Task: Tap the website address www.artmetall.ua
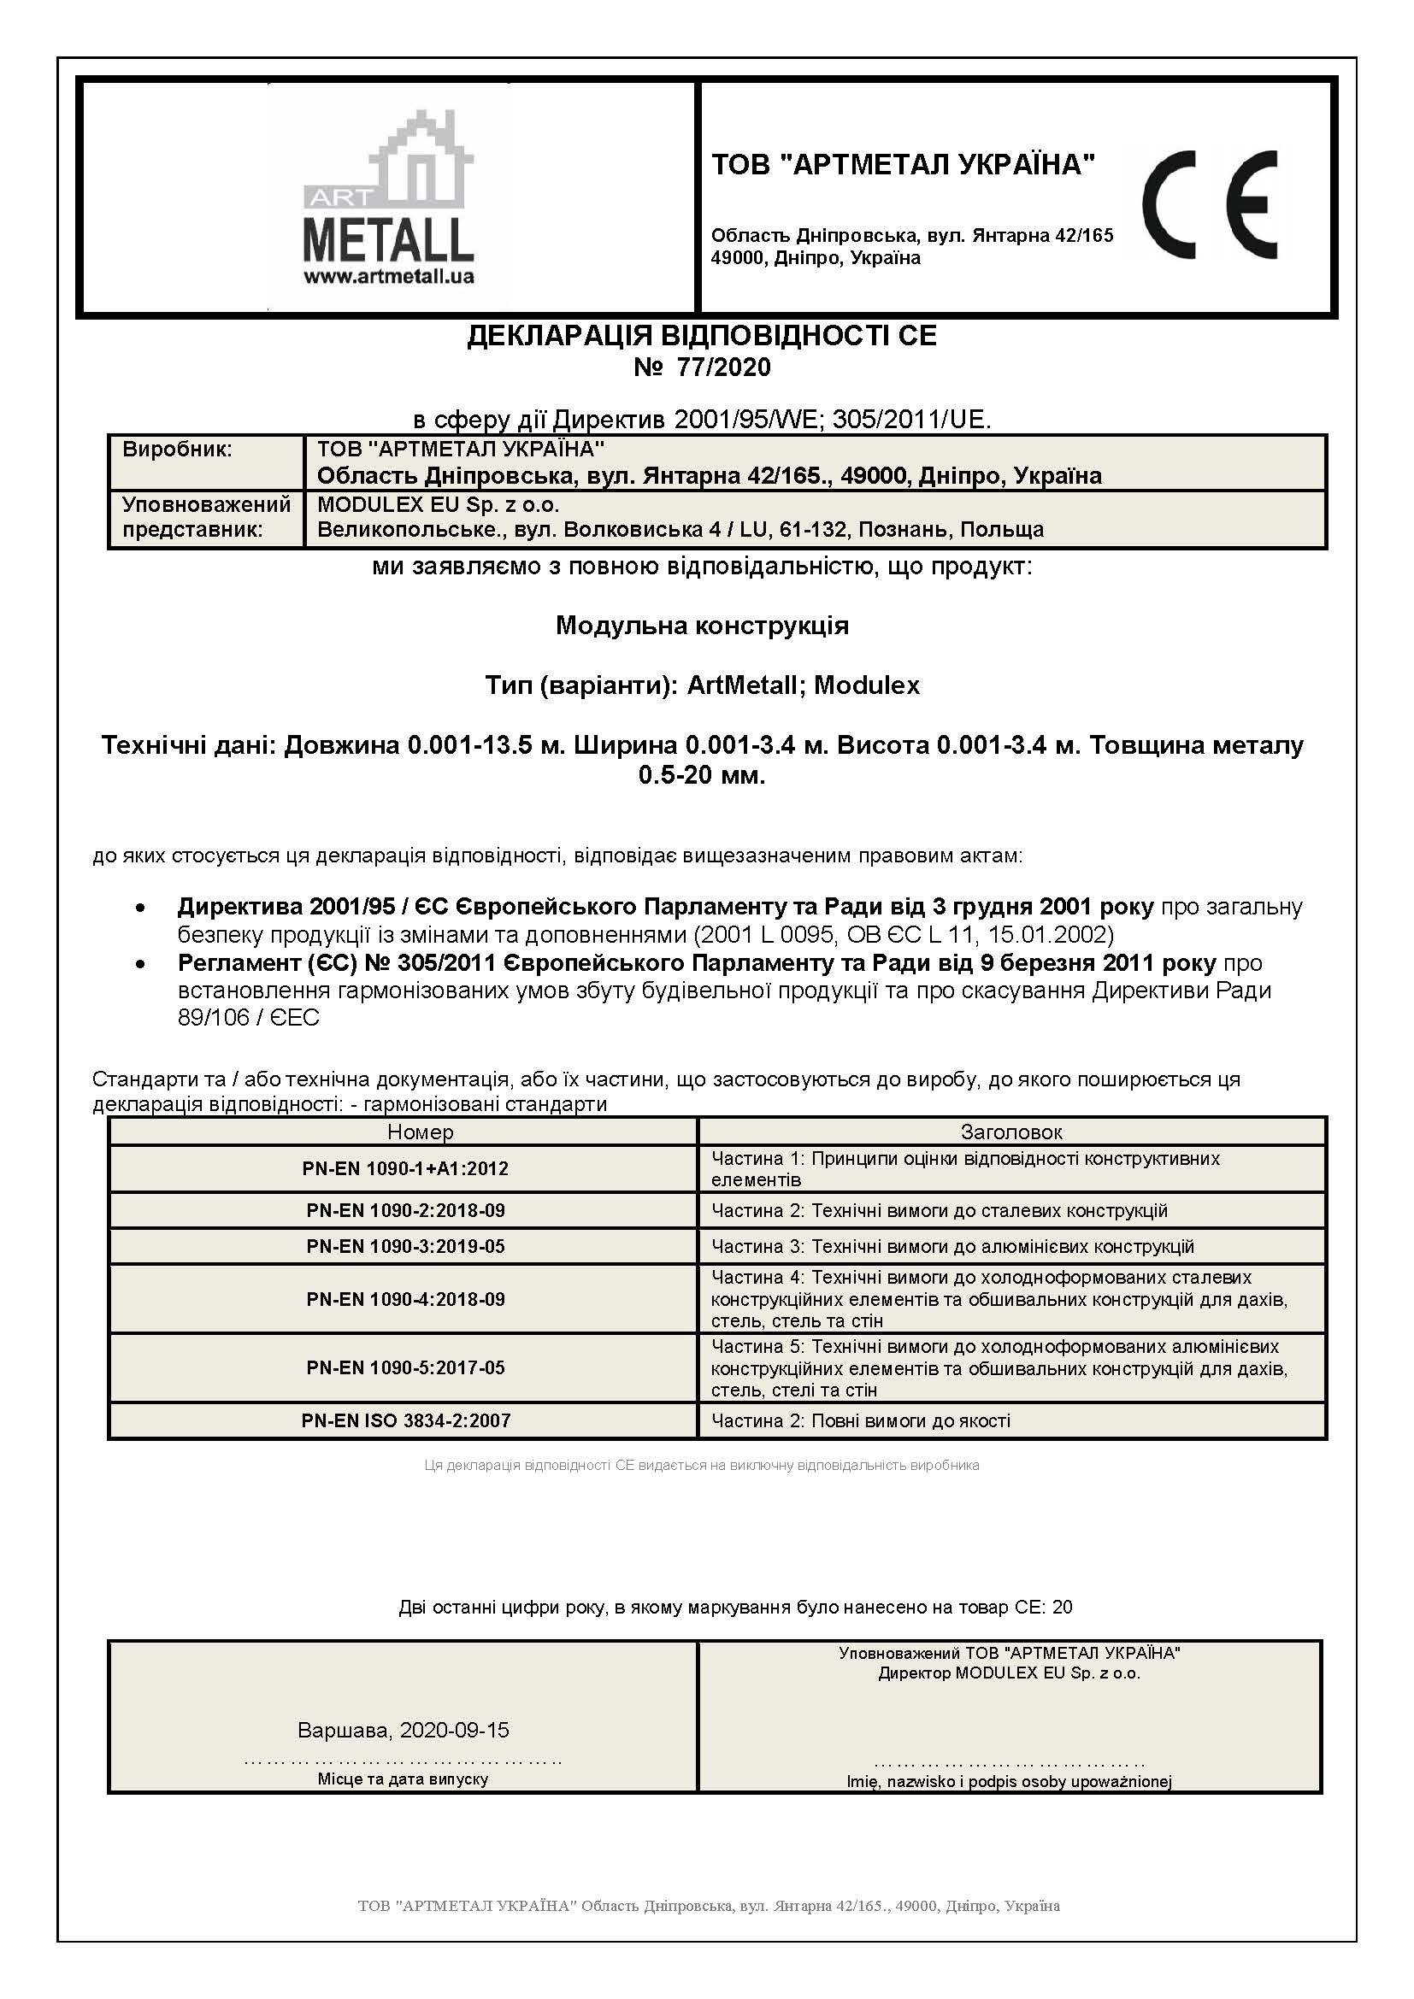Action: coord(388,277)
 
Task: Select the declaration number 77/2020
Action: coord(702,367)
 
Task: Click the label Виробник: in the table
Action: coord(178,450)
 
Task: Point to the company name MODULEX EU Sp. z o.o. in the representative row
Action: coord(438,504)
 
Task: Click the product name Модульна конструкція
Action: coord(702,625)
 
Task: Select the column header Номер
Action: coord(421,1132)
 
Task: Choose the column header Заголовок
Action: coord(1010,1132)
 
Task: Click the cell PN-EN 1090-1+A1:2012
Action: coord(405,1168)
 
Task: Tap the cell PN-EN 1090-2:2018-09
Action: coord(405,1210)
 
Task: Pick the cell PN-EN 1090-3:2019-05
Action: coord(405,1246)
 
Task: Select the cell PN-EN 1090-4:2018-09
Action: coord(405,1299)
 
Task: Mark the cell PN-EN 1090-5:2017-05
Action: coord(405,1367)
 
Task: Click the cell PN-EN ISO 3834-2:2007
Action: coord(405,1421)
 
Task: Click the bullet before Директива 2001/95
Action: coord(139,908)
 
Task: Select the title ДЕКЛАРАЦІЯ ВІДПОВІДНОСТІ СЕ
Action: coord(702,336)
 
